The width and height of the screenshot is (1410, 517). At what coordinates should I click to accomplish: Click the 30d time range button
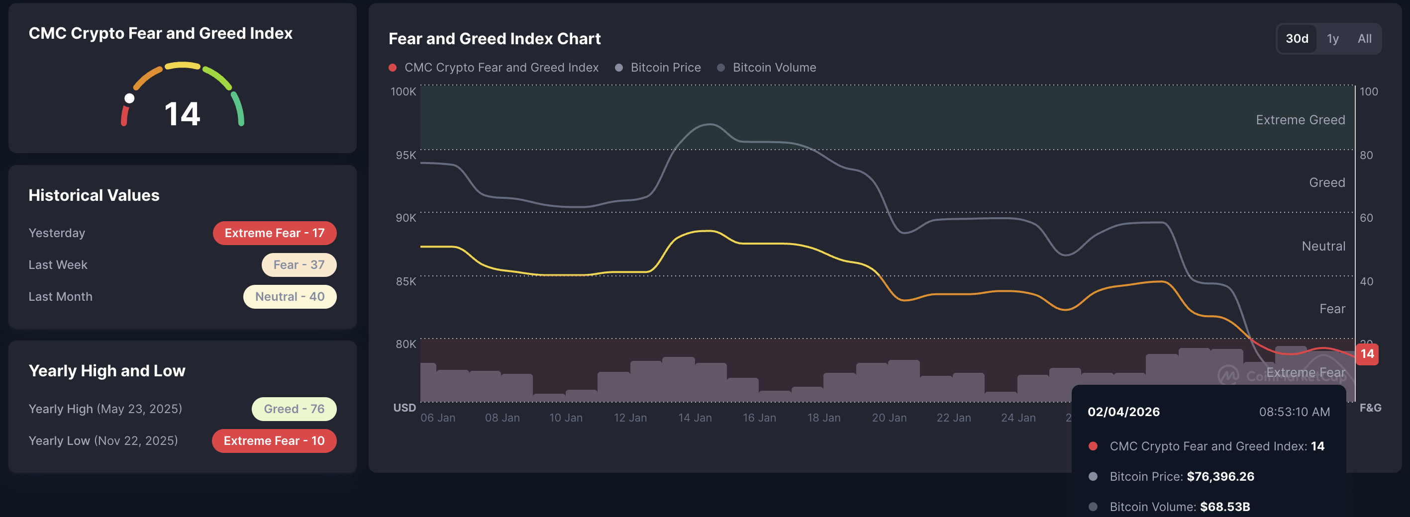pyautogui.click(x=1297, y=39)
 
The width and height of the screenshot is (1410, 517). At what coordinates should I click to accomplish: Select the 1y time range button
pyautogui.click(x=1333, y=39)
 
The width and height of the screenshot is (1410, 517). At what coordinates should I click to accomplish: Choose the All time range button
pyautogui.click(x=1365, y=39)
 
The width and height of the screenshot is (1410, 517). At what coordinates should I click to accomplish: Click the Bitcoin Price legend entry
pyautogui.click(x=665, y=67)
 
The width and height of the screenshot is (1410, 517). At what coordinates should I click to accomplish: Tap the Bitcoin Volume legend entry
pyautogui.click(x=774, y=67)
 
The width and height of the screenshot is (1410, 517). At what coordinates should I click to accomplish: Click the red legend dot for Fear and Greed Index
pyautogui.click(x=393, y=67)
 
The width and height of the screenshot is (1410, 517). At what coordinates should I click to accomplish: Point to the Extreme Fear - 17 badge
pyautogui.click(x=274, y=233)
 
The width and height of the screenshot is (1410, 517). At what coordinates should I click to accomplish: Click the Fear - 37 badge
pyautogui.click(x=299, y=265)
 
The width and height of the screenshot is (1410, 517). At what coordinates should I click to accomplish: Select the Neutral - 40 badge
pyautogui.click(x=290, y=296)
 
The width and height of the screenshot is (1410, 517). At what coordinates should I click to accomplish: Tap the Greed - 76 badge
pyautogui.click(x=294, y=409)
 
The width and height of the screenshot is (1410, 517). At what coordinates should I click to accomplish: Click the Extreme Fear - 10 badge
pyautogui.click(x=274, y=440)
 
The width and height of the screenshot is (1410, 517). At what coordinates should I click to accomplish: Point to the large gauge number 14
pyautogui.click(x=182, y=114)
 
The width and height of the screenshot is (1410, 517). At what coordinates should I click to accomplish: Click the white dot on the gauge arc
pyautogui.click(x=129, y=98)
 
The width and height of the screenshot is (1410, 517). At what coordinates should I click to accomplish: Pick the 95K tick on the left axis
pyautogui.click(x=405, y=155)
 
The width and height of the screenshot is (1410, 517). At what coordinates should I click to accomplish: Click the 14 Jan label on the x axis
pyautogui.click(x=695, y=418)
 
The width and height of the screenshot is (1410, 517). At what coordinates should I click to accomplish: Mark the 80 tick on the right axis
pyautogui.click(x=1366, y=155)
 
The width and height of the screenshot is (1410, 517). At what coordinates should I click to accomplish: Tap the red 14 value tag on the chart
pyautogui.click(x=1367, y=354)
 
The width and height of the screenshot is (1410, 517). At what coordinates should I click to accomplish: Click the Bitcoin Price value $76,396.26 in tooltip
pyautogui.click(x=1220, y=477)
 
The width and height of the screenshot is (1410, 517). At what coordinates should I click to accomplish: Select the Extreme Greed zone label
pyautogui.click(x=1300, y=120)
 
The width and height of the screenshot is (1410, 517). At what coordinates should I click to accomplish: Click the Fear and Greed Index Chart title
pyautogui.click(x=494, y=39)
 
